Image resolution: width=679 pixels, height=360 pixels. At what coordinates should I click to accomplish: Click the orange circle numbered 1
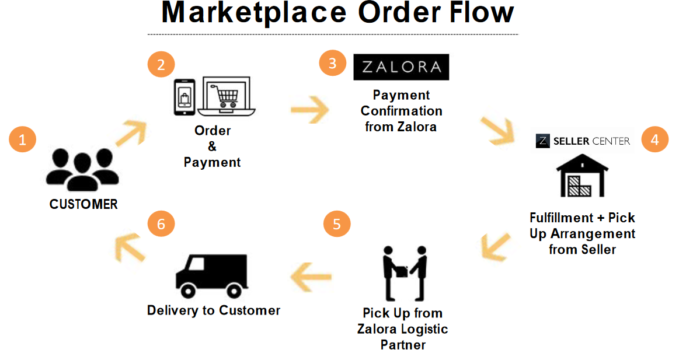23,140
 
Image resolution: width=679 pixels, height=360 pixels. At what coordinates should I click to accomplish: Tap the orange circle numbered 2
161,65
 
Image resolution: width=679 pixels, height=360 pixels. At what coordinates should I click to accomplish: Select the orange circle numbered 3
332,63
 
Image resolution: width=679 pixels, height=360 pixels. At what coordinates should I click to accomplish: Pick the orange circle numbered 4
654,140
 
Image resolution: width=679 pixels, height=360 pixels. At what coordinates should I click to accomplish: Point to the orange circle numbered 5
337,225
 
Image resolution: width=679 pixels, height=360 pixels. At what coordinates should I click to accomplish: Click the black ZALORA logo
401,67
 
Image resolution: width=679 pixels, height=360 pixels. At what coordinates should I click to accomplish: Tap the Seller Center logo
583,141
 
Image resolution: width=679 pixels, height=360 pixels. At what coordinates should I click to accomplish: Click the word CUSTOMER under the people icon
83,205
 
